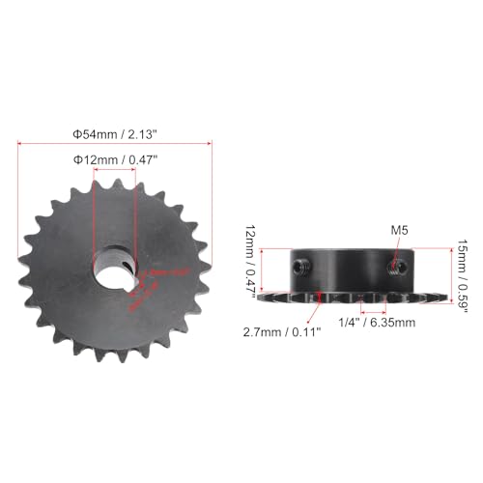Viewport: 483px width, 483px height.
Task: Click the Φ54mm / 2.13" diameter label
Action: [x=115, y=131]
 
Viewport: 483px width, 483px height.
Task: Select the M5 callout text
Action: [x=400, y=230]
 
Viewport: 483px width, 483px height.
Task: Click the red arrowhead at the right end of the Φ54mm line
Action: [x=210, y=143]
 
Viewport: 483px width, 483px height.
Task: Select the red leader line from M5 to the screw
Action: [x=397, y=247]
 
